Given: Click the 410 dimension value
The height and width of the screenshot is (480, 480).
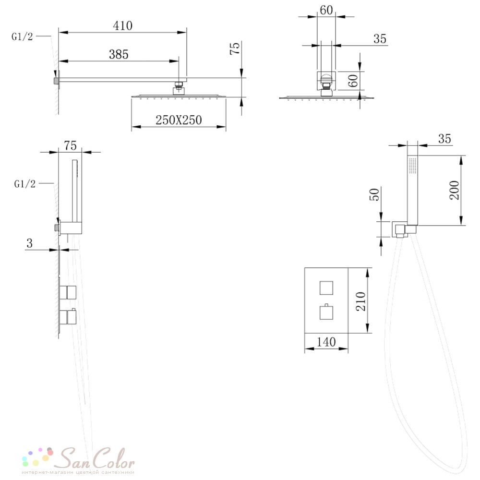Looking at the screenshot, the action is pyautogui.click(x=123, y=25).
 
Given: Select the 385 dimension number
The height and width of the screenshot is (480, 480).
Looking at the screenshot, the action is pyautogui.click(x=119, y=55).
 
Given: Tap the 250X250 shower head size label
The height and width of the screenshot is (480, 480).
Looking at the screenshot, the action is pyautogui.click(x=179, y=120).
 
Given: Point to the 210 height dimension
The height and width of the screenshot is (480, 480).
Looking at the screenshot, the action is pyautogui.click(x=360, y=301).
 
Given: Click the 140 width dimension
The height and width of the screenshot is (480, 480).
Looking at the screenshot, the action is pyautogui.click(x=326, y=342).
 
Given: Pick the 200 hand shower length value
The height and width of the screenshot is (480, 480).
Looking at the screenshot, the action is pyautogui.click(x=454, y=190).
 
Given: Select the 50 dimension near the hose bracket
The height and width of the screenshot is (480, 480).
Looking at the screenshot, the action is pyautogui.click(x=374, y=194).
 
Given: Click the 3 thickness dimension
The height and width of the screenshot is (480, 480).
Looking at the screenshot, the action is pyautogui.click(x=29, y=243).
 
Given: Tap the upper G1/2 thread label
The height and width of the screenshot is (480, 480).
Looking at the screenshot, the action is pyautogui.click(x=22, y=37).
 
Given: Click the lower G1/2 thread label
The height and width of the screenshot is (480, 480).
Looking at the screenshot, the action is pyautogui.click(x=25, y=184).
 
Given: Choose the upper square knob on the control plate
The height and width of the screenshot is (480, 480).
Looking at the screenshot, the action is pyautogui.click(x=326, y=288).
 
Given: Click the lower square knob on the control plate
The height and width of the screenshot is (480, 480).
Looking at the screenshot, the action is pyautogui.click(x=326, y=312).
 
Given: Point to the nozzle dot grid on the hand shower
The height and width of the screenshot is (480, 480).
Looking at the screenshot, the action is pyautogui.click(x=413, y=166).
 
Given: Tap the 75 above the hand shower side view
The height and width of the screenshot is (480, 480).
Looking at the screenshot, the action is pyautogui.click(x=71, y=146).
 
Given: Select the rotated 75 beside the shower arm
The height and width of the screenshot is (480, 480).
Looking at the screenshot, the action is pyautogui.click(x=235, y=48).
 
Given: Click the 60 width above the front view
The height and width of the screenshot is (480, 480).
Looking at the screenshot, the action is pyautogui.click(x=326, y=10).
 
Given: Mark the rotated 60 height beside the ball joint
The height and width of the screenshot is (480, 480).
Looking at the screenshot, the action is pyautogui.click(x=353, y=81).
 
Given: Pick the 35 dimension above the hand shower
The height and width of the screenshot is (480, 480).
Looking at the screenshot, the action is pyautogui.click(x=444, y=139).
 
